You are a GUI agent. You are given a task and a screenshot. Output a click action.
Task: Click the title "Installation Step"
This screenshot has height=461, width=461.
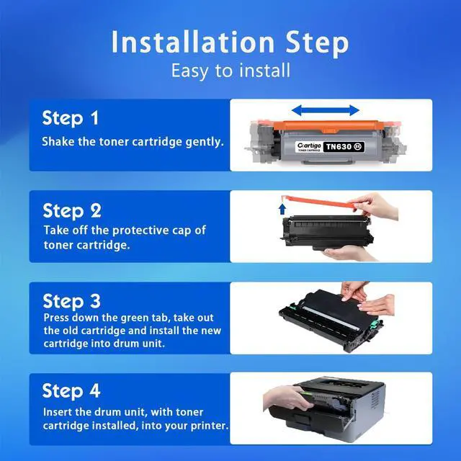(230, 42)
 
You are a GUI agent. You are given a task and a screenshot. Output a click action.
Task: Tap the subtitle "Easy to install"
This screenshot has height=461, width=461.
(230, 71)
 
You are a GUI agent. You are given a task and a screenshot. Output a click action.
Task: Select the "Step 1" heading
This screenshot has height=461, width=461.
(71, 118)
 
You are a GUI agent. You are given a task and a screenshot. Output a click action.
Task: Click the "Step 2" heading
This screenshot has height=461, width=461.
(72, 211)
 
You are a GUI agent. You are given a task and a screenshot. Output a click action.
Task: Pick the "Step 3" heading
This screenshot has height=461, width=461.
(72, 301)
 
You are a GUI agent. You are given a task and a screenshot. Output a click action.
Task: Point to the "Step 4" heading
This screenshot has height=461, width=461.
(71, 391)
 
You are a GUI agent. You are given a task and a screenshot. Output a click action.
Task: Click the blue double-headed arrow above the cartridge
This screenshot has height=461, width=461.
(325, 110)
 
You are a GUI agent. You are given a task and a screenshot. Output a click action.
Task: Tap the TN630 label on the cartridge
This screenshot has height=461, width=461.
(344, 146)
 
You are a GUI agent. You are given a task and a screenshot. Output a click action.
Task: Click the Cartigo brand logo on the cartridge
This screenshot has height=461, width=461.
(309, 146)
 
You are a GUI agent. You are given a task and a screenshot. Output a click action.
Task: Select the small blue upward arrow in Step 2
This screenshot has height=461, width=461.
(282, 209)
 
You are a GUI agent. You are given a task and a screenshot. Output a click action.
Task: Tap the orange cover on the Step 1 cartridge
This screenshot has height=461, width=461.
(328, 127)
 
